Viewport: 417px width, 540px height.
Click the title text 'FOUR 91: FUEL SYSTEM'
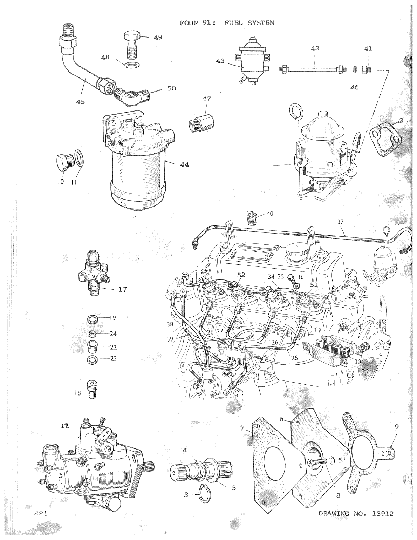(x=227, y=23)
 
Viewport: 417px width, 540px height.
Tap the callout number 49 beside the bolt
(x=158, y=37)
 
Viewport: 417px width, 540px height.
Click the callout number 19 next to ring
(x=112, y=318)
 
